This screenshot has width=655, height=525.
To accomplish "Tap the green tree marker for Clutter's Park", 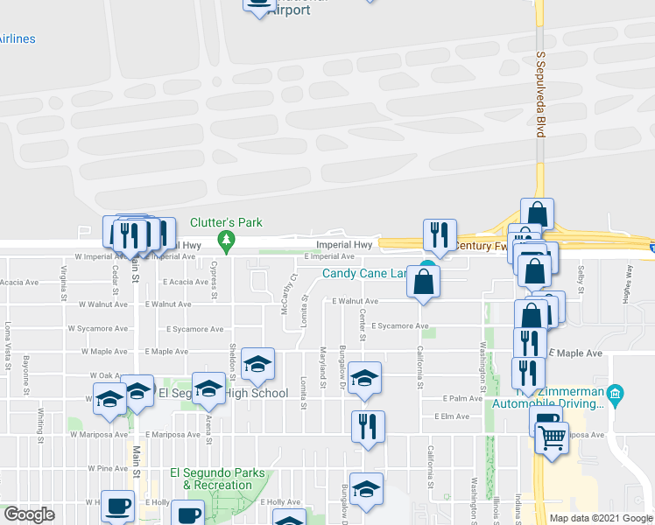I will [226, 241].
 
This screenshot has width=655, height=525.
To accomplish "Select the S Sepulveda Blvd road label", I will [540, 94].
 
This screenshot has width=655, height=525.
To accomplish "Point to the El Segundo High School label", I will [222, 393].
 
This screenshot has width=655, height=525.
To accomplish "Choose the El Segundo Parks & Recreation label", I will [217, 479].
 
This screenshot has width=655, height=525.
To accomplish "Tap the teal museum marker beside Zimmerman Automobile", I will [615, 394].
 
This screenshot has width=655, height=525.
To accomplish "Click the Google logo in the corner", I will [29, 514].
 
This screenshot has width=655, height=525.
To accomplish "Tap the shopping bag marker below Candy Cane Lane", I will [424, 282].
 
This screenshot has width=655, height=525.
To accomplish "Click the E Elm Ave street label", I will [451, 416].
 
